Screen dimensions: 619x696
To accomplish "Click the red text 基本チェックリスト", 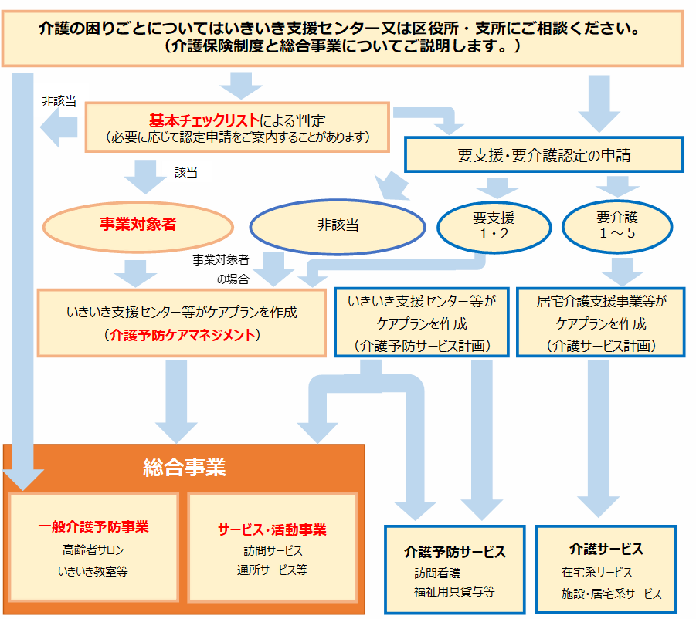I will pyautogui.click(x=204, y=121).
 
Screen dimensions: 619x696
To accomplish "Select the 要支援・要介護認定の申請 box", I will pyautogui.click(x=544, y=155).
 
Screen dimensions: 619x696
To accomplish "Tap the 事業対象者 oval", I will pyautogui.click(x=138, y=225).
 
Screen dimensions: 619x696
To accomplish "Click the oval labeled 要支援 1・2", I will pyautogui.click(x=494, y=225).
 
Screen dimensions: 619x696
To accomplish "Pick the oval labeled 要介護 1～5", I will pyautogui.click(x=616, y=225).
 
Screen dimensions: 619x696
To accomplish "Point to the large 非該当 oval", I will pyautogui.click(x=338, y=225).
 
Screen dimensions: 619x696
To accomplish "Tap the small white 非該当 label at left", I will pyautogui.click(x=59, y=101).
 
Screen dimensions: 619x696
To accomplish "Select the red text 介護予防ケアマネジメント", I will pyautogui.click(x=183, y=336).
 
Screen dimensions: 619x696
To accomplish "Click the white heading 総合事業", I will pyautogui.click(x=184, y=467).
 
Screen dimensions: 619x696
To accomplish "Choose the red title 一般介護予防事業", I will pyautogui.click(x=93, y=527).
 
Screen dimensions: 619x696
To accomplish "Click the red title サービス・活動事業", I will pyautogui.click(x=272, y=529).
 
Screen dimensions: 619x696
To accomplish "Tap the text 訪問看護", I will pyautogui.click(x=436, y=573).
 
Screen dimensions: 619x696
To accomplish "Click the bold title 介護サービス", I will pyautogui.click(x=606, y=550).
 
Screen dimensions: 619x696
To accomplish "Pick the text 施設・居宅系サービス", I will pyautogui.click(x=611, y=594).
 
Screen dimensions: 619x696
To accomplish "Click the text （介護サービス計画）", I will pyautogui.click(x=601, y=346).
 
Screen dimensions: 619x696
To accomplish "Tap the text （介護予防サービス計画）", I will pyautogui.click(x=422, y=346).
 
